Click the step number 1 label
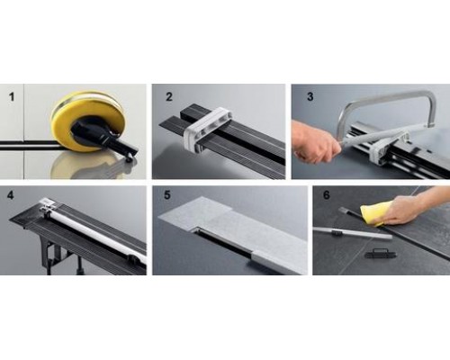tap(12, 97)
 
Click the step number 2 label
tap(169, 97)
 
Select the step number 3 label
tap(310, 97)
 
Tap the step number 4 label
tap(11, 195)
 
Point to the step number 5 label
tap(167, 195)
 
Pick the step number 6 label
tap(327, 195)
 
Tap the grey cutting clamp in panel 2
tap(208, 128)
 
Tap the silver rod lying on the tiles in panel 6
tap(353, 232)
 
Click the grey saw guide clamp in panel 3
tap(390, 147)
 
